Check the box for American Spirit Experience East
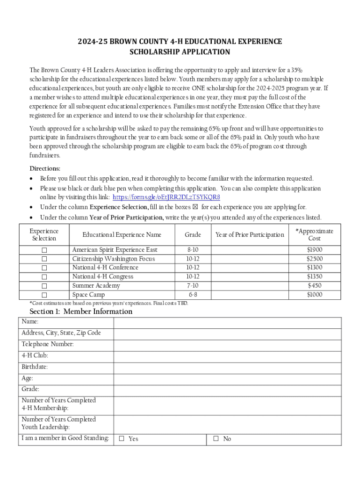tap(44, 250)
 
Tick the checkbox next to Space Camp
tap(44, 295)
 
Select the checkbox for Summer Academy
tap(44, 286)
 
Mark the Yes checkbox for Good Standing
tap(122, 439)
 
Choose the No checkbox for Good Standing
tap(216, 439)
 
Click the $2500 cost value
tap(314, 259)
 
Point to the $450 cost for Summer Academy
tap(314, 286)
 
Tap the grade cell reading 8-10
tap(193, 250)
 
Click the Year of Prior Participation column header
tap(249, 235)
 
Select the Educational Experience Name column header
tap(122, 235)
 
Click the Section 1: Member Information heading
tap(81, 312)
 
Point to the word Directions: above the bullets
tap(45, 169)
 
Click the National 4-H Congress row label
tap(103, 276)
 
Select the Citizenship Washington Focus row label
tap(114, 259)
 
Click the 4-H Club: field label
tap(35, 356)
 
